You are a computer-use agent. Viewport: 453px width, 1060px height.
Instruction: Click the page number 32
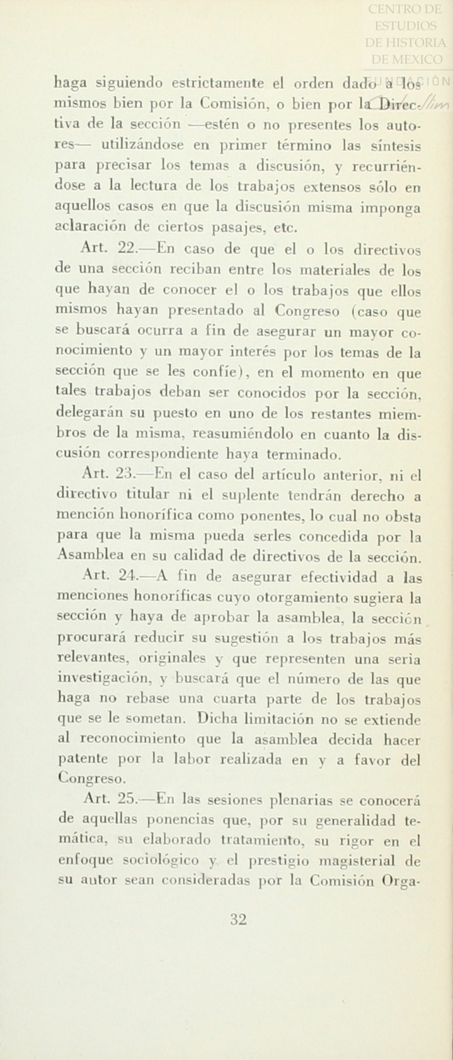click(x=238, y=920)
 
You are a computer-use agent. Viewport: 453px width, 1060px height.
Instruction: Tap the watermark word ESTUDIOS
click(x=406, y=26)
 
